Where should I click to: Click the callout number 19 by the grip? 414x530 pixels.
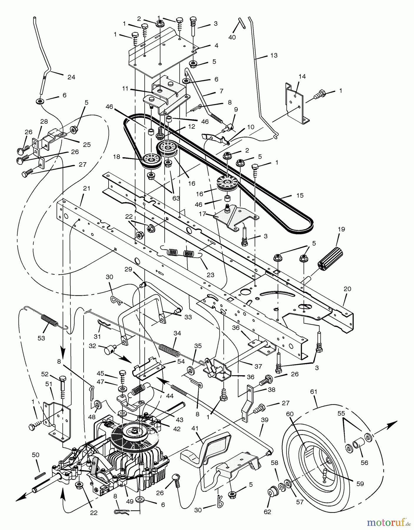pyautogui.click(x=341, y=229)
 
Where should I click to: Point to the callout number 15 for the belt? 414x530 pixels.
pyautogui.click(x=300, y=196)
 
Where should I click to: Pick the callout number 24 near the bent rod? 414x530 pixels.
pyautogui.click(x=71, y=77)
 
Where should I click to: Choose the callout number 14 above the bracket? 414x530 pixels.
pyautogui.click(x=302, y=77)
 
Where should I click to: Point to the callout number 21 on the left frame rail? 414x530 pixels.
pyautogui.click(x=87, y=188)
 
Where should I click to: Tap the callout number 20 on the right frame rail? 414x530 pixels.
pyautogui.click(x=347, y=289)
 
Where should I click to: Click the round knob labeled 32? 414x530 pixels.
pyautogui.click(x=109, y=350)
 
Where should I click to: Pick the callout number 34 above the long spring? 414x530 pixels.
pyautogui.click(x=177, y=333)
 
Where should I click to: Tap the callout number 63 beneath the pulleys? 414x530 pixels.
pyautogui.click(x=176, y=198)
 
